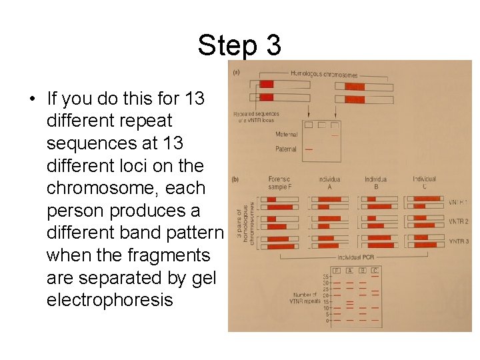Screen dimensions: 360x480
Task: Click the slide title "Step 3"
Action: tap(239, 45)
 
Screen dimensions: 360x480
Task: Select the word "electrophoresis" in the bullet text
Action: tap(109, 300)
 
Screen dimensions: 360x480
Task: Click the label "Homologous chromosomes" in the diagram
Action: tap(324, 75)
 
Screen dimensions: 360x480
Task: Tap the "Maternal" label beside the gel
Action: tap(287, 135)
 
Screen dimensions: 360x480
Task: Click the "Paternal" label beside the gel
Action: tap(286, 149)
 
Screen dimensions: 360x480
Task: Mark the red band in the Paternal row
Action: tap(308, 149)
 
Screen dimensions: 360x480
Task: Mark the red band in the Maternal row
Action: tap(335, 135)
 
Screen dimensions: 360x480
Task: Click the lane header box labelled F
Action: tap(337, 270)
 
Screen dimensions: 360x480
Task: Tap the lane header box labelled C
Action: tap(375, 270)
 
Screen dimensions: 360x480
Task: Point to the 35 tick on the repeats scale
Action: tap(327, 277)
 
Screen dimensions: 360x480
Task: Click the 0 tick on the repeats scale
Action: tap(327, 321)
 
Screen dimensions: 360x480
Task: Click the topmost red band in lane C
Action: tap(375, 277)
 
